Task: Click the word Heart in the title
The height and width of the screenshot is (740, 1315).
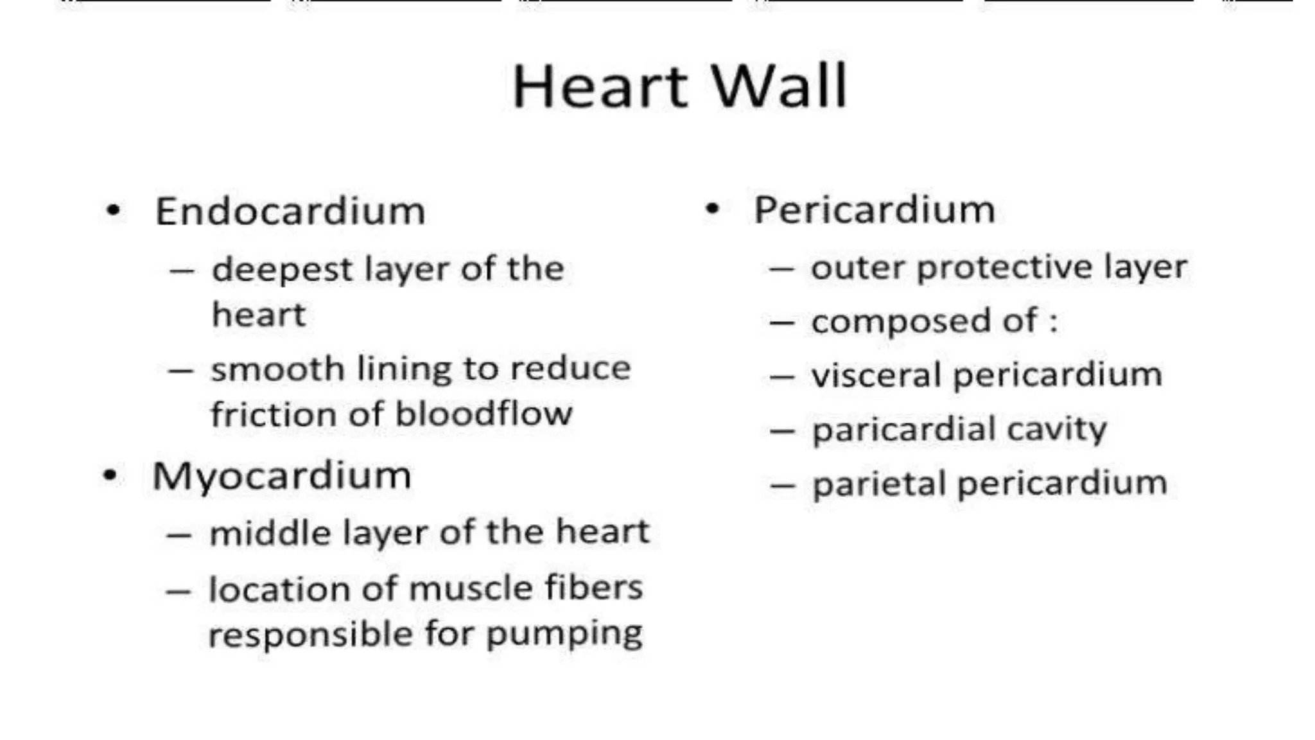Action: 600,87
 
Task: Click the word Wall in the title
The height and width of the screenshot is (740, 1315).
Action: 779,87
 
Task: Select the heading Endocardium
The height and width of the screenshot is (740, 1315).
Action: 290,211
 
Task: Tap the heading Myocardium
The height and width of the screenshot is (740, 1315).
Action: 282,476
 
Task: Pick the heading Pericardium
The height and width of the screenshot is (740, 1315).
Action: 875,209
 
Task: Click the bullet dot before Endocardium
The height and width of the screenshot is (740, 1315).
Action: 114,210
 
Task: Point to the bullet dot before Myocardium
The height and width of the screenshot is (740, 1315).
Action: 110,475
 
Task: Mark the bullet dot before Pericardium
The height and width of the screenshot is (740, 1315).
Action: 712,208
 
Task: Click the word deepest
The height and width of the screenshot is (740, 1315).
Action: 283,270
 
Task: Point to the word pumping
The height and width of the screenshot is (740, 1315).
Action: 564,635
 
